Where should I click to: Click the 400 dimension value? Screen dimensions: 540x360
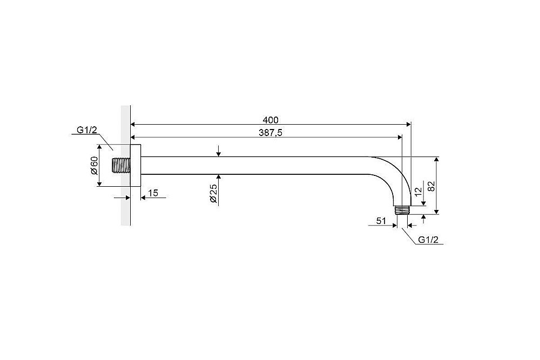[271, 120]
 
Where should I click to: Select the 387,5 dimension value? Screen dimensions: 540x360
[271, 133]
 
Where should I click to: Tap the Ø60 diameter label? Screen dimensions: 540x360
[94, 165]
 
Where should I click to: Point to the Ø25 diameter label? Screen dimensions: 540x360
[213, 193]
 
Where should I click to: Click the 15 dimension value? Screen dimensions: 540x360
[153, 193]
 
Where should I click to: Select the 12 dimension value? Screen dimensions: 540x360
[418, 192]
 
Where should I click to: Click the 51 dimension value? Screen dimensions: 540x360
[381, 221]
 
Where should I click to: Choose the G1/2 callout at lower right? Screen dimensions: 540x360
[428, 240]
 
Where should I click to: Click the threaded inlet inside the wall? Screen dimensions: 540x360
[122, 165]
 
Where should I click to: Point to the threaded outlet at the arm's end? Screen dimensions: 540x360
[402, 210]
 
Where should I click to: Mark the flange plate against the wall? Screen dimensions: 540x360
[136, 165]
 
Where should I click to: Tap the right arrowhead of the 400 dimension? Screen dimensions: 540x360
[408, 124]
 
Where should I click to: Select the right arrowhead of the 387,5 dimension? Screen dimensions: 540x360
[400, 137]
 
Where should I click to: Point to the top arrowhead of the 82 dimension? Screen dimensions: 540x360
[436, 160]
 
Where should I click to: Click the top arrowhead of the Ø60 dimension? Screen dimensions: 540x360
[99, 148]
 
